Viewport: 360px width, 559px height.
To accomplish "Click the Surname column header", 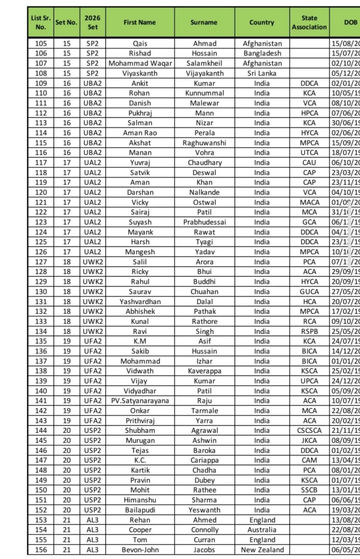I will tap(204, 22).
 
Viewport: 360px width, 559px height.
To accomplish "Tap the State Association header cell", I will tap(309, 22).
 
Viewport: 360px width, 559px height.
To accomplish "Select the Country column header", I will tap(262, 22).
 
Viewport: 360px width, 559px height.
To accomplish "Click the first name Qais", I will tap(140, 44).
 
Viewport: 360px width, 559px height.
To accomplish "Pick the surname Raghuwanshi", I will tap(204, 142).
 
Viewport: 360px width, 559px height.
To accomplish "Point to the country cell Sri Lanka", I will tap(262, 73).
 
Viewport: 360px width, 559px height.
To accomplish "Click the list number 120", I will tap(40, 192).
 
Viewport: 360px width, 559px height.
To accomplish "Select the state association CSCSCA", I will tap(309, 430).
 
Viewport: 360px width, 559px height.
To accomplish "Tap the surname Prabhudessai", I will tap(204, 222).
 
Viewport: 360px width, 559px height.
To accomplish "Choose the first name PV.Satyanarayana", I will tap(140, 401).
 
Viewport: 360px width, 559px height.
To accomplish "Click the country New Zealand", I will tap(262, 550).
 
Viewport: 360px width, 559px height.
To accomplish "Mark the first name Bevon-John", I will tap(140, 550).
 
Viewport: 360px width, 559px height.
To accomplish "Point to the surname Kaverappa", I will tap(204, 371).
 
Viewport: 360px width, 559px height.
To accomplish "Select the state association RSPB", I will tap(309, 331).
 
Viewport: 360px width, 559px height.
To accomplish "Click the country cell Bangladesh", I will tap(262, 53).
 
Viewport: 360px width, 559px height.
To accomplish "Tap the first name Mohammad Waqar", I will tap(140, 63).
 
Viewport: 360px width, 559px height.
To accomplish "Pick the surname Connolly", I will tap(204, 530).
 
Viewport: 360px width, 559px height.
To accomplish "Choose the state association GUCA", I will tap(309, 292).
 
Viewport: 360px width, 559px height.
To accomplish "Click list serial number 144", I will tap(40, 430).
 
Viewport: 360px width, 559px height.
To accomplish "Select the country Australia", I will tap(262, 530).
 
